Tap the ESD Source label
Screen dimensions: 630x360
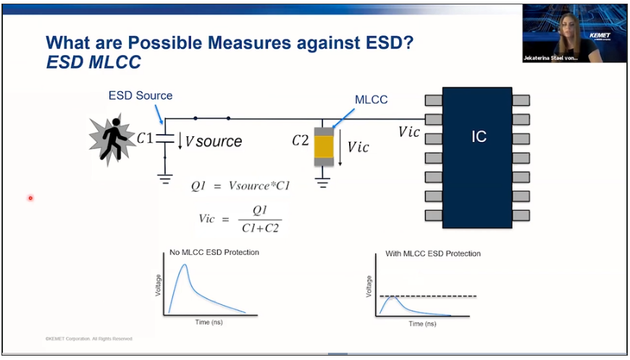point(140,96)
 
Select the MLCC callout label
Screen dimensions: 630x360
point(372,99)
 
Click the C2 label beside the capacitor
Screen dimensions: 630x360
point(301,141)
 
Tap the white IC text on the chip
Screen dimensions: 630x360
point(479,136)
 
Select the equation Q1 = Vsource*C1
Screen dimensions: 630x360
point(240,186)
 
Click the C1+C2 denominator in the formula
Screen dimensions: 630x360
point(261,228)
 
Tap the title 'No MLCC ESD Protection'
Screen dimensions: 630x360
point(214,252)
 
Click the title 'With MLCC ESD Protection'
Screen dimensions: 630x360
point(433,254)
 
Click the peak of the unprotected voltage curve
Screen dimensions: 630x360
point(185,265)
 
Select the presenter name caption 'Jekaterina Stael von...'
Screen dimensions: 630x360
point(551,57)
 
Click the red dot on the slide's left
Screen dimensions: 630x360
point(30,198)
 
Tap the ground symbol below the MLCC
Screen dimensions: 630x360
point(324,183)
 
